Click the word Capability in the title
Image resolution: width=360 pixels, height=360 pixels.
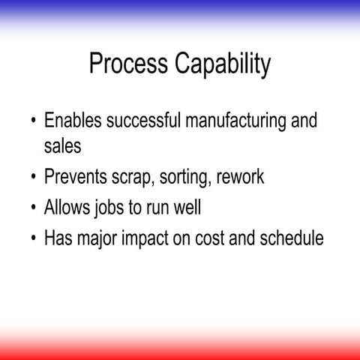(223, 66)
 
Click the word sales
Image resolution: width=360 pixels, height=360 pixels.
(61, 146)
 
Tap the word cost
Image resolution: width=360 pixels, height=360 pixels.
(212, 239)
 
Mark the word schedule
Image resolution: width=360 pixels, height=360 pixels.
(291, 239)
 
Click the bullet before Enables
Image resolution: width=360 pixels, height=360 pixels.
(33, 122)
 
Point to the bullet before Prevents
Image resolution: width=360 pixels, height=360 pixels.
(33, 179)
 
